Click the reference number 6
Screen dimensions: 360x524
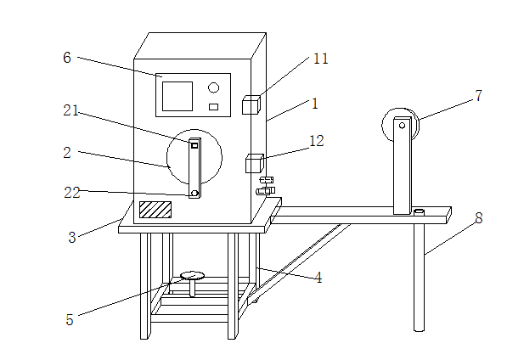67,57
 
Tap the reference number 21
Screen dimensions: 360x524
71,110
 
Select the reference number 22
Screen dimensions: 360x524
71,193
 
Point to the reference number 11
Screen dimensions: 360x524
320,59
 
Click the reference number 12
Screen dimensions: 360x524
316,141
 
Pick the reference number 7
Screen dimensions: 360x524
478,96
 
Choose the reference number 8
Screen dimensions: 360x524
478,218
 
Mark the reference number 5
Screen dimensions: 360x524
70,319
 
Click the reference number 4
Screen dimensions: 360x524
318,277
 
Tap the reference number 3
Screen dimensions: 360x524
72,238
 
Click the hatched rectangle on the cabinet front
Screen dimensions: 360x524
155,209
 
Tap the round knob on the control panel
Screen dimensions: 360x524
214,87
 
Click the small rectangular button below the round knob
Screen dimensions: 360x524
214,106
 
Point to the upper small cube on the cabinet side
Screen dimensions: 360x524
251,105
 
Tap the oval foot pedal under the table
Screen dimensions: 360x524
193,275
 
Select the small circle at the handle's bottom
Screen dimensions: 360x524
194,194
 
